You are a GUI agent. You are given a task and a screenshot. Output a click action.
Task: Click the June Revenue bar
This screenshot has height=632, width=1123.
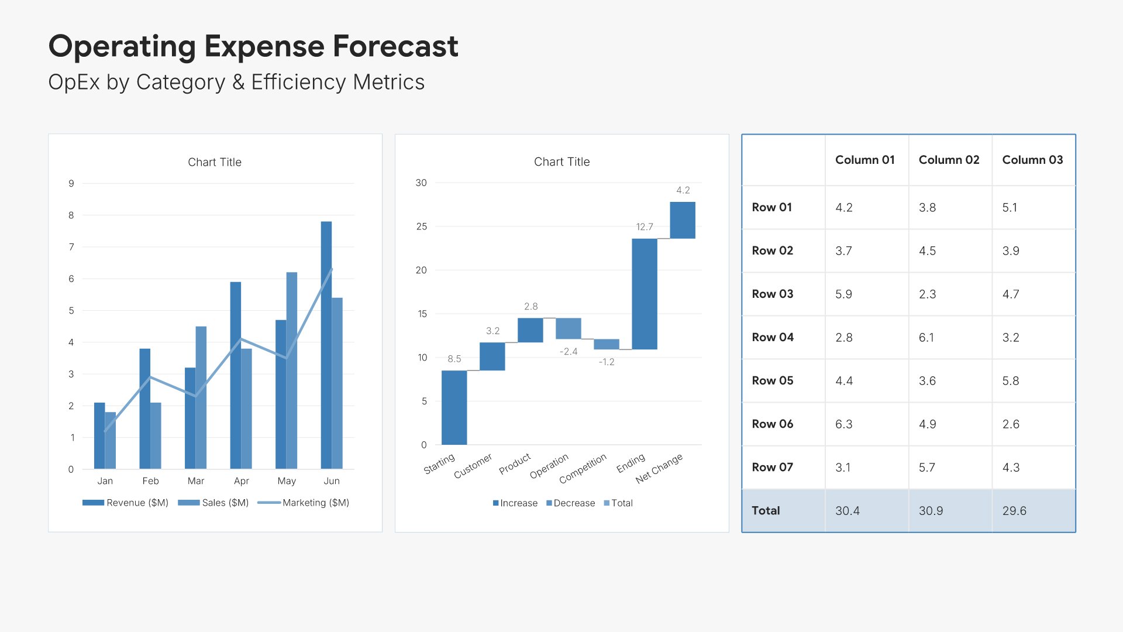tap(326, 345)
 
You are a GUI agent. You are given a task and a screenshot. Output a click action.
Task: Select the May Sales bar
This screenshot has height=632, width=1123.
tap(292, 370)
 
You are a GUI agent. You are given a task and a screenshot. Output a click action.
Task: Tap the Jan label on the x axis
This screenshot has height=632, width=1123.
tap(105, 481)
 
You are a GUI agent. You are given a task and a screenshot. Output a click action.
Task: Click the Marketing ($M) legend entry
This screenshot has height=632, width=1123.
tap(315, 503)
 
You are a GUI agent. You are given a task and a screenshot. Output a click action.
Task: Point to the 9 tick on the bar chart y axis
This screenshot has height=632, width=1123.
tap(71, 184)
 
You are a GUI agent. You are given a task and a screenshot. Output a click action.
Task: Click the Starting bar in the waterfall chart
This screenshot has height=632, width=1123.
tap(454, 407)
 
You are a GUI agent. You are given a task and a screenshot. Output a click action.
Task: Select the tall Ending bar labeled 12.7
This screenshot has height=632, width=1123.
tap(644, 294)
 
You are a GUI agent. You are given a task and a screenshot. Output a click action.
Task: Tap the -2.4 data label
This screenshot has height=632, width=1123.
tap(569, 352)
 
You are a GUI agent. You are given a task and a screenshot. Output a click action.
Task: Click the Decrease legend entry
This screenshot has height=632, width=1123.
tap(574, 503)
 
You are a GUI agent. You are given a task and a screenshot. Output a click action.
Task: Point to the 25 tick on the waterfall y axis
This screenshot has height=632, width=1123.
tap(421, 226)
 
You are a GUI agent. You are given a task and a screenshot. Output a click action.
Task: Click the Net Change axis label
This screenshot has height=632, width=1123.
tap(660, 469)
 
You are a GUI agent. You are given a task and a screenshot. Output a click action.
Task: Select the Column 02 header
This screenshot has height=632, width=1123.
tap(949, 160)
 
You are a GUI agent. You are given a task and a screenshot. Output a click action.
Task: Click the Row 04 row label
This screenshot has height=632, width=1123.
tap(773, 337)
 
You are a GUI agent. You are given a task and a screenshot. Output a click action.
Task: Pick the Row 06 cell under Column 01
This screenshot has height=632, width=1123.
tap(844, 424)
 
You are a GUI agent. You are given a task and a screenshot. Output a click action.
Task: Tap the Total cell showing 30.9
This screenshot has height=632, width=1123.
tap(931, 511)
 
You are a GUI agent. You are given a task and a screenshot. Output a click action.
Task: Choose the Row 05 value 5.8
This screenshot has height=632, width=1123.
tap(1011, 381)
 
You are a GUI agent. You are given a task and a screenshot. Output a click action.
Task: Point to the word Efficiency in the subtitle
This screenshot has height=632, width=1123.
tap(299, 83)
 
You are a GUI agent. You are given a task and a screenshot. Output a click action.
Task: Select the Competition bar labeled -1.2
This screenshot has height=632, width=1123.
tap(606, 344)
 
